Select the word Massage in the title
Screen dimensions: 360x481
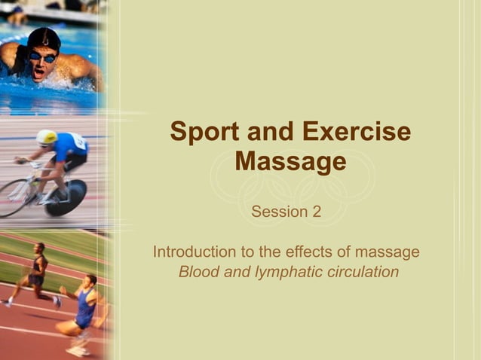290,162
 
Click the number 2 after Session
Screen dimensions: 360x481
316,212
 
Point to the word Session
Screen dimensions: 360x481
278,212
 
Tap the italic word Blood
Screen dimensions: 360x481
199,272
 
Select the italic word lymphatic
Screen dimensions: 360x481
287,272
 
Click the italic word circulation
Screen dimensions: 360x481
363,272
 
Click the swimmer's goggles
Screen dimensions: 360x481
42,56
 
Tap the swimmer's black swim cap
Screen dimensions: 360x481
43,38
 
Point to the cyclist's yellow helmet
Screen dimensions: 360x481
47,137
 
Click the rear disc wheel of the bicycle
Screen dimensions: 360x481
66,198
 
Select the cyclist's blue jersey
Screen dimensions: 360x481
71,145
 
